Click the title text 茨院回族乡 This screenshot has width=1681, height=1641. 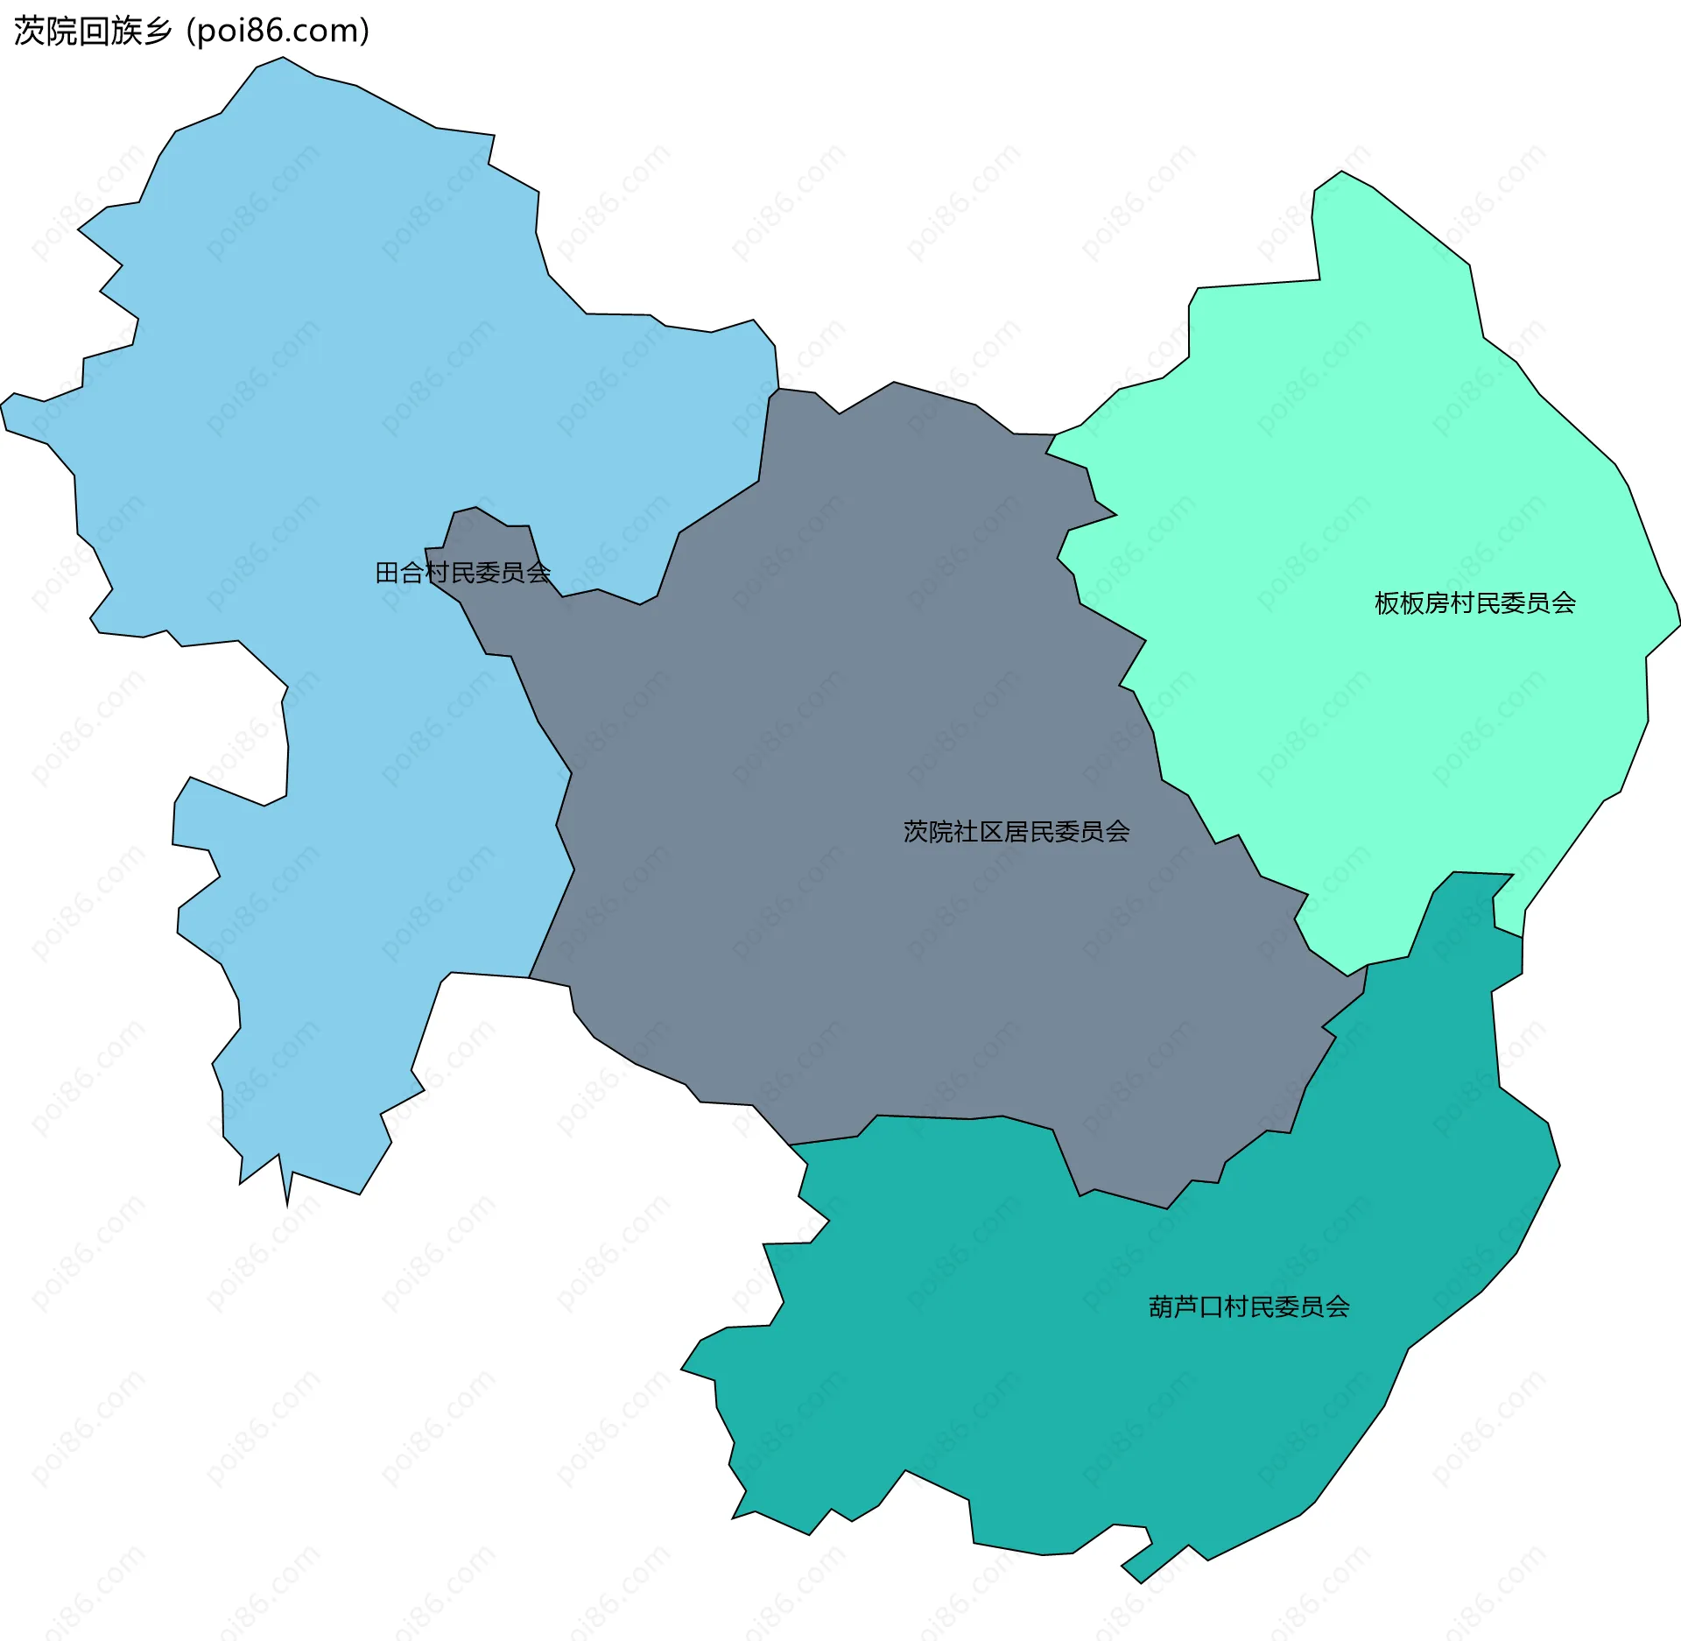(93, 32)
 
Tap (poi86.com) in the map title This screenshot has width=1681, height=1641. (278, 32)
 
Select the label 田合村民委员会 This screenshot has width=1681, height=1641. (462, 573)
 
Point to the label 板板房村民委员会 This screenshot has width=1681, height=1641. (1474, 603)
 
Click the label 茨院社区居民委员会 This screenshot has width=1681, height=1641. (1016, 831)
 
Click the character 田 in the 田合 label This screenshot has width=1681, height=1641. (387, 573)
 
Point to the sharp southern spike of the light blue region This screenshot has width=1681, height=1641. (287, 1201)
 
